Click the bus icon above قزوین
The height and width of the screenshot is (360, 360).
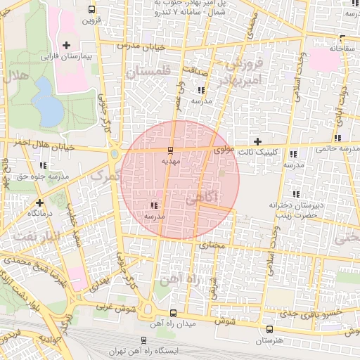(x=91, y=9)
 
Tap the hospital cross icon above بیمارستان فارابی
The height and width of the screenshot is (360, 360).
(x=66, y=45)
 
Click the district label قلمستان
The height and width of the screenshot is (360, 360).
(x=148, y=72)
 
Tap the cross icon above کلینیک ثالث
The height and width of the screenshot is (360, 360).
(x=257, y=141)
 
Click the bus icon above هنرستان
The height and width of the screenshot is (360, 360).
(x=271, y=330)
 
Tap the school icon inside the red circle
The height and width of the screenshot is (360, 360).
(x=153, y=206)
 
